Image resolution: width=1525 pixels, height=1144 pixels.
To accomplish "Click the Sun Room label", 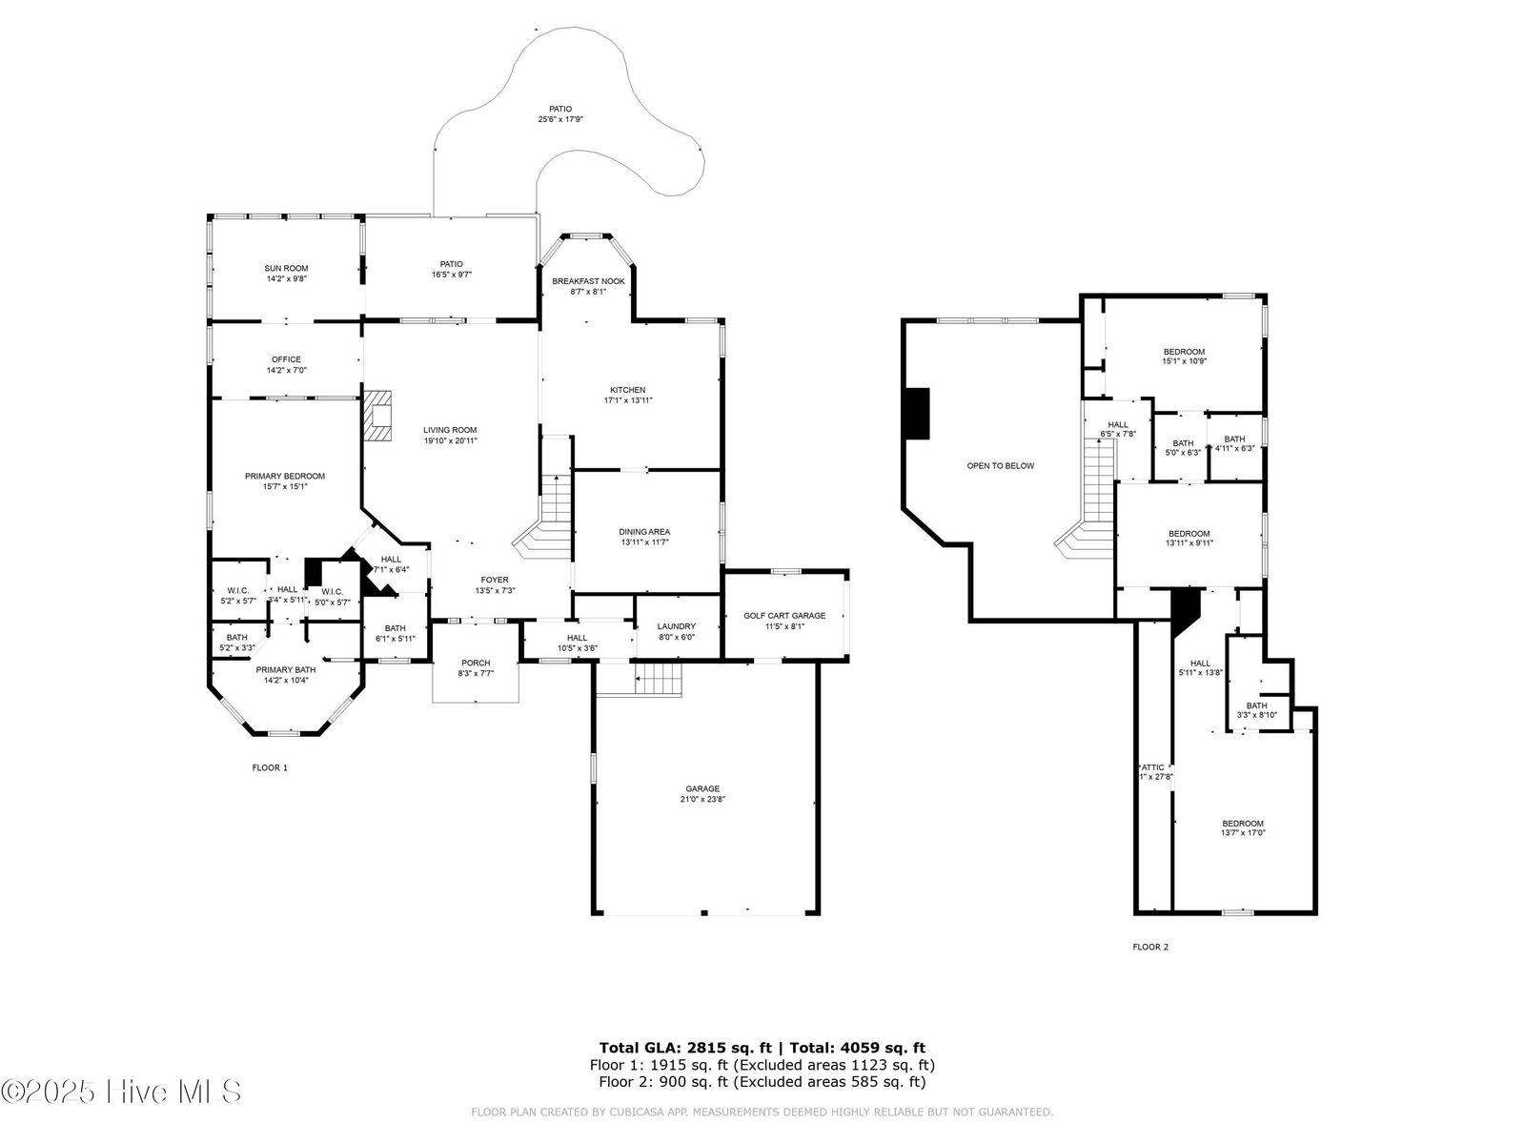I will tap(286, 269).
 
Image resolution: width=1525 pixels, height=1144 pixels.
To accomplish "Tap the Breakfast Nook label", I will tap(588, 281).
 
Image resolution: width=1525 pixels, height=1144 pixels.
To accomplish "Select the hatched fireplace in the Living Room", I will tap(377, 417).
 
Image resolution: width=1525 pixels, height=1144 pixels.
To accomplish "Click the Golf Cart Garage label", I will tap(784, 616).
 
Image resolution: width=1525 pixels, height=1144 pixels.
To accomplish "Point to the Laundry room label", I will tap(676, 626).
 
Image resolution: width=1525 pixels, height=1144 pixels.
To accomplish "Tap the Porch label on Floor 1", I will tap(475, 663).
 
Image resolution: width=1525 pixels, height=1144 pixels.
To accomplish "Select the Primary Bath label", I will tap(285, 669).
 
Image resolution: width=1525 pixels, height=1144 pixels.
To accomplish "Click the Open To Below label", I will tap(1000, 466).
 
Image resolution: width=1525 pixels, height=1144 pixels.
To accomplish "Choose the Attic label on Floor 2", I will tap(1154, 767).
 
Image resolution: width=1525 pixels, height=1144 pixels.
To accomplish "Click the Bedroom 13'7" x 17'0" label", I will tap(1243, 824).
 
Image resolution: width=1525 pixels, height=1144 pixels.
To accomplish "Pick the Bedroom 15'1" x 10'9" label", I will tap(1184, 352).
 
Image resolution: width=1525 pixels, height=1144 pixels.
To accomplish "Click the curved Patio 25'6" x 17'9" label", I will tap(559, 110).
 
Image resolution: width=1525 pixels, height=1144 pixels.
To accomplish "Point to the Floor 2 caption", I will tap(1149, 947).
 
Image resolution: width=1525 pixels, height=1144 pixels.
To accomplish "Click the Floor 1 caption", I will tap(269, 767).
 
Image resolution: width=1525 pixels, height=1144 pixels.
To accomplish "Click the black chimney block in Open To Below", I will tap(917, 413).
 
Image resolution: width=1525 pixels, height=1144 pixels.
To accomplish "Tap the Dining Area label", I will tap(644, 532).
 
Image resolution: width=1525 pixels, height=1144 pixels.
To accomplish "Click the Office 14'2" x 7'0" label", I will tap(286, 359).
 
